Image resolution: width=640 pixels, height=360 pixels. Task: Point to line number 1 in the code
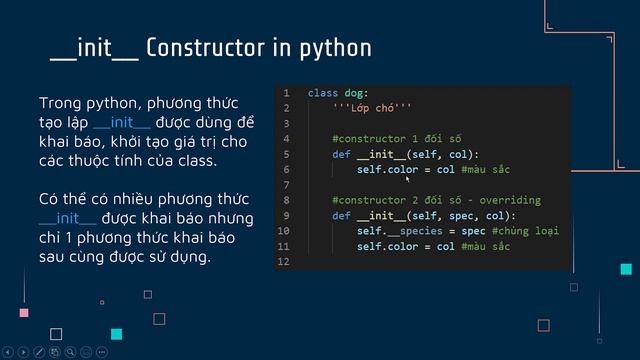click(x=286, y=93)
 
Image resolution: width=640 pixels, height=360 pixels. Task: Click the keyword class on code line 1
click(x=322, y=93)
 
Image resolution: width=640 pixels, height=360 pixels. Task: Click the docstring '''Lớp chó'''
click(x=372, y=108)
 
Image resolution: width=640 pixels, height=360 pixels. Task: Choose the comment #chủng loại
click(x=526, y=231)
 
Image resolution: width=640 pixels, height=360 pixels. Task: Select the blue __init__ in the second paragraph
click(x=68, y=218)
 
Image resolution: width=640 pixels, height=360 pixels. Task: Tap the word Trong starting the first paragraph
click(x=60, y=104)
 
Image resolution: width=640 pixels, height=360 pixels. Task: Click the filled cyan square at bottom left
click(x=117, y=334)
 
